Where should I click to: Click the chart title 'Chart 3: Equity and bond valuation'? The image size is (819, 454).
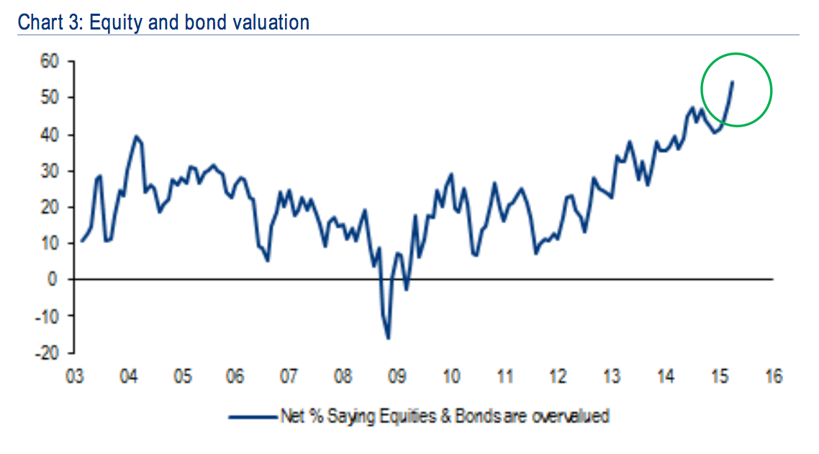[x=163, y=22]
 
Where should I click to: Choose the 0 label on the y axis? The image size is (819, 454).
[x=52, y=279]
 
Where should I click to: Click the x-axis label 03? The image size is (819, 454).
[x=76, y=377]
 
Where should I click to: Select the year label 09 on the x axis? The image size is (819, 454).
[x=397, y=377]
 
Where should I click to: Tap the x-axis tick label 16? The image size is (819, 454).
[x=772, y=377]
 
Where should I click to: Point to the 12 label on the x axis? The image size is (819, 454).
[x=558, y=377]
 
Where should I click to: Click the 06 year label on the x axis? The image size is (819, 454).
[x=236, y=377]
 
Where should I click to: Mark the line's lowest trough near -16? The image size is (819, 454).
[x=388, y=338]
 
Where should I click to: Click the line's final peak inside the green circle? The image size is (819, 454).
[x=732, y=82]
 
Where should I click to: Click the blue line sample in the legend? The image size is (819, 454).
[x=253, y=416]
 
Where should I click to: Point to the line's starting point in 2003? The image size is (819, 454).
[x=81, y=240]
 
